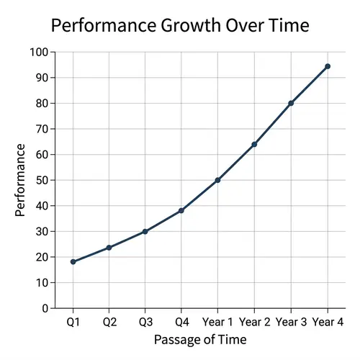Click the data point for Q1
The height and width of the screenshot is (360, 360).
pos(73,261)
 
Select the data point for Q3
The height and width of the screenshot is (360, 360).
pos(145,231)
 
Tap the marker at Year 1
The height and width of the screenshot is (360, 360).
pos(218,180)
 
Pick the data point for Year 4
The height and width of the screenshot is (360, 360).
pos(328,66)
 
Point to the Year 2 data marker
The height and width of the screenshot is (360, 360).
pos(254,144)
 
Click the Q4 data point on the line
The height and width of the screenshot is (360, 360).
pos(181,210)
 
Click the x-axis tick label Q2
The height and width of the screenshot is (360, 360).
pos(109,322)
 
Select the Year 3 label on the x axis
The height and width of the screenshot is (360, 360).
pos(291,322)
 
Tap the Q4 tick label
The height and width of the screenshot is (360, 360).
pos(181,322)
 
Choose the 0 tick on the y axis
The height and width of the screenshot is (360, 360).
pos(45,308)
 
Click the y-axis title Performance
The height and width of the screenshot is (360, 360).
pos(21,180)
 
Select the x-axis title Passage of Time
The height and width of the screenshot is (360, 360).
pos(200,339)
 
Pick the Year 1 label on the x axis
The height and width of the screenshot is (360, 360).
pos(218,322)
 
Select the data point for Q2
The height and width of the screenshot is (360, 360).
pos(109,248)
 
